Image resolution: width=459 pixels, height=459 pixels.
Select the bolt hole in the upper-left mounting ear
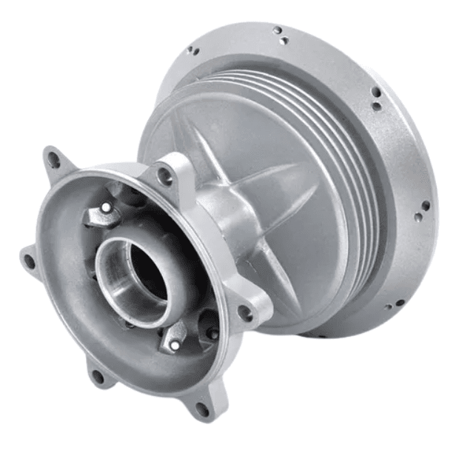coord(53,158)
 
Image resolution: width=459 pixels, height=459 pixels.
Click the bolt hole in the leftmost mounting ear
coord(30,260)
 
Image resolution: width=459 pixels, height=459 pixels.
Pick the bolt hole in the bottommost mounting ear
coord(202,407)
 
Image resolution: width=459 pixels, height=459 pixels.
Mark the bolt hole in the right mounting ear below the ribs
coord(245,313)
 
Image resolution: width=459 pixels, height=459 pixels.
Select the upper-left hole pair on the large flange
coord(191,52)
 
